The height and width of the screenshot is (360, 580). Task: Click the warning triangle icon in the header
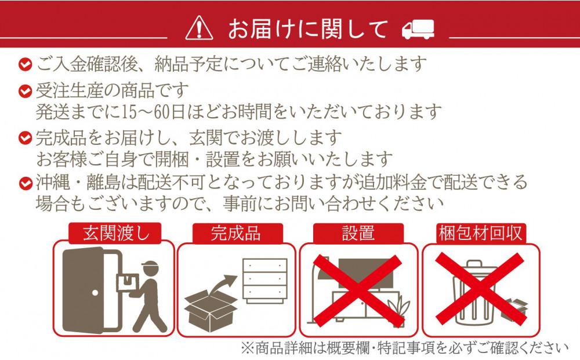[199, 28]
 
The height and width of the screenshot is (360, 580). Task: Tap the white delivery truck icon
[418, 30]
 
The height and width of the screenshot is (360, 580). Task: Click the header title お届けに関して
[308, 29]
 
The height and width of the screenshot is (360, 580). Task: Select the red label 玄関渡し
[115, 233]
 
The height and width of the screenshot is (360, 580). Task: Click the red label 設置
[358, 234]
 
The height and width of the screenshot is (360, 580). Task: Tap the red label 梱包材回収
[480, 234]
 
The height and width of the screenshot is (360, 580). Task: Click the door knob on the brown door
[96, 293]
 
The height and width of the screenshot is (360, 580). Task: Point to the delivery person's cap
[150, 265]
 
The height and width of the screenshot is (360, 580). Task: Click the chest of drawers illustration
[264, 280]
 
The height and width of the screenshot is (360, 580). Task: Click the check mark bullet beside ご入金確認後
[25, 64]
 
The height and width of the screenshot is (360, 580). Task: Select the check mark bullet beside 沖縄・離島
[26, 183]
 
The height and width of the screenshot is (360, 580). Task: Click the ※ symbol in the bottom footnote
[248, 348]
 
